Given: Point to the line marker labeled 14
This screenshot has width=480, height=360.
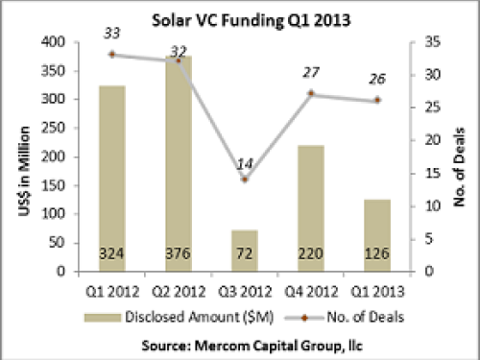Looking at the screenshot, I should coord(245,180).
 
